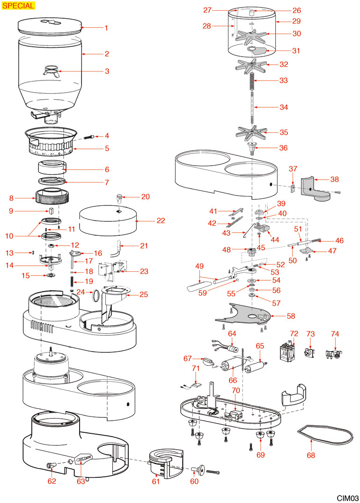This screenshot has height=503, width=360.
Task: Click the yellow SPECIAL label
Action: (18, 6)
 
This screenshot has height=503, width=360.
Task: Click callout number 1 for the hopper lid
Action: (106, 28)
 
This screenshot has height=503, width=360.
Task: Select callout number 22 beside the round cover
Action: (148, 220)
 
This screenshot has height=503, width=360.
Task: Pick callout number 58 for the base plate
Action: (291, 316)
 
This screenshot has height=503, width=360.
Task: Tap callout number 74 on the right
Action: (335, 334)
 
